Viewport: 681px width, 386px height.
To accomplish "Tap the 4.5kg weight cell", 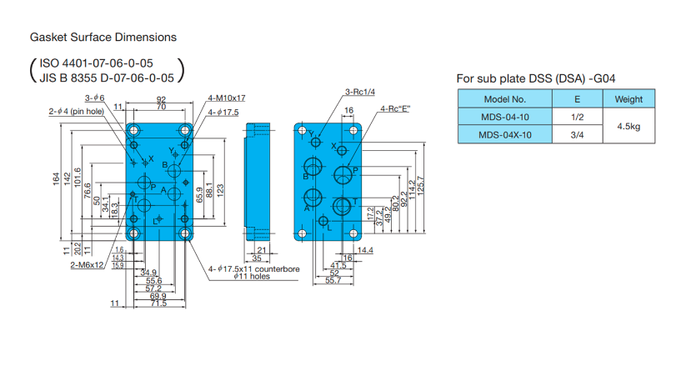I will [x=628, y=126].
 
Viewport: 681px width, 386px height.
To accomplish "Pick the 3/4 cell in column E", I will [x=578, y=135].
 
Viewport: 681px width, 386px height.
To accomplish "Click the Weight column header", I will [x=628, y=99].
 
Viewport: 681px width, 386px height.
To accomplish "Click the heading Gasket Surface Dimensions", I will [x=103, y=38].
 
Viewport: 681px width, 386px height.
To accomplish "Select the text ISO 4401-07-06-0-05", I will [x=96, y=63].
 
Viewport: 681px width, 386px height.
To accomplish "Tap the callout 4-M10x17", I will [x=226, y=98].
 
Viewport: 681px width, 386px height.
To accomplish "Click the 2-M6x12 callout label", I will [x=87, y=264].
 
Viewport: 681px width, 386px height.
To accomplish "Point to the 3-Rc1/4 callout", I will [x=360, y=92].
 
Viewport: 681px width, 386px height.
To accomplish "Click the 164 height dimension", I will [x=58, y=179].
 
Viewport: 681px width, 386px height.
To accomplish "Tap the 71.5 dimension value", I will [x=158, y=303].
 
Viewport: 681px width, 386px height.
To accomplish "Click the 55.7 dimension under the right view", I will [x=333, y=281].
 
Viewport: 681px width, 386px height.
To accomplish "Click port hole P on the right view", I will [x=343, y=175].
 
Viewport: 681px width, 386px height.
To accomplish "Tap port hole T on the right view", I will [x=342, y=206].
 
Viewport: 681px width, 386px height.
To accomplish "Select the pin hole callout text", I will [x=77, y=111].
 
